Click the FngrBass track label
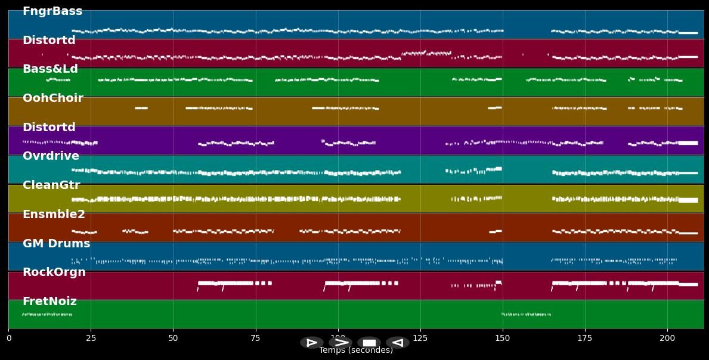tap(52, 11)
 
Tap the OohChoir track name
tap(52, 98)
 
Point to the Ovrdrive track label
tap(51, 156)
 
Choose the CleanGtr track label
tap(51, 185)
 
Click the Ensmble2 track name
tap(54, 215)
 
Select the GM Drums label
tap(56, 244)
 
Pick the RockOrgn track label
tap(54, 272)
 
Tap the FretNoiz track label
tap(49, 302)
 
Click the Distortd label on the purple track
tap(49, 128)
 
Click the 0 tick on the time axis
tap(8, 339)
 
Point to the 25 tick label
tap(91, 339)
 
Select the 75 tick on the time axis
tap(255, 339)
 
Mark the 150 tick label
tap(503, 339)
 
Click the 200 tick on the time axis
tap(667, 339)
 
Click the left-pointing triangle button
tap(397, 343)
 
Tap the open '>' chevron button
tap(340, 343)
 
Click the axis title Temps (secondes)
tap(356, 350)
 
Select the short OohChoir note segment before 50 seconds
tap(141, 108)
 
